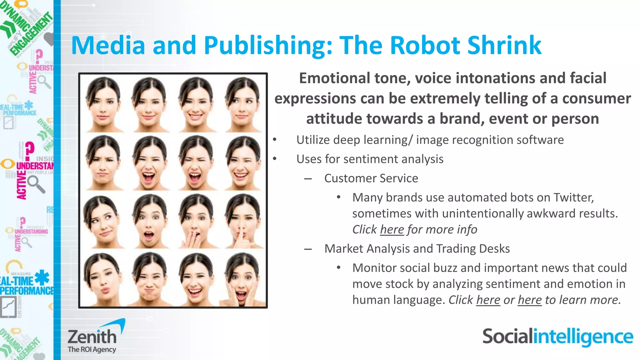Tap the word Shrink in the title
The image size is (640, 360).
click(504, 45)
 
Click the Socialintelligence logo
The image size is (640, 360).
click(557, 337)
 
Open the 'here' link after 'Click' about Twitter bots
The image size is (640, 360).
click(392, 230)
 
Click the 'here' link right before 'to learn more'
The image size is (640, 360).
click(529, 300)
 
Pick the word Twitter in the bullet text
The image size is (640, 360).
click(573, 197)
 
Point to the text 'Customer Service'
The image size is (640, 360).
click(371, 178)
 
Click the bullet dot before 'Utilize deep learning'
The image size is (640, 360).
click(274, 140)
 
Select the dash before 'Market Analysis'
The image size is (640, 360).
click(308, 249)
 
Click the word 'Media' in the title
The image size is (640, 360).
click(108, 45)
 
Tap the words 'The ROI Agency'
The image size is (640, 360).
click(92, 349)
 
